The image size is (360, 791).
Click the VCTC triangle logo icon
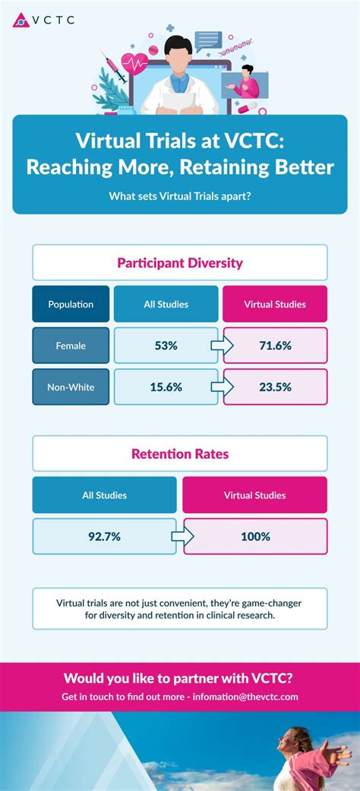click(x=21, y=20)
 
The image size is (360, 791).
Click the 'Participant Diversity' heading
click(x=180, y=263)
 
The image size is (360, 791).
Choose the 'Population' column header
click(x=71, y=304)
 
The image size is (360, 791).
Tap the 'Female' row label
click(x=71, y=346)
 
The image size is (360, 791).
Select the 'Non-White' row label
click(x=71, y=387)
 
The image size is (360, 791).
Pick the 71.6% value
click(x=275, y=346)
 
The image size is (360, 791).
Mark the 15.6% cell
click(x=166, y=387)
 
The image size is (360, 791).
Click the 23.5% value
click(x=275, y=387)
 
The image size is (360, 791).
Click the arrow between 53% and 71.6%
click(x=222, y=346)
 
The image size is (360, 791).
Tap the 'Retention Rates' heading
click(x=180, y=454)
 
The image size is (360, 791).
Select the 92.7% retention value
click(x=104, y=536)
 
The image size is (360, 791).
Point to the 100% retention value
click(x=256, y=536)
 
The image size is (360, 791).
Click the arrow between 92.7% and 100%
click(x=182, y=536)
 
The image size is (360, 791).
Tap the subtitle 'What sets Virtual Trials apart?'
click(x=180, y=196)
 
